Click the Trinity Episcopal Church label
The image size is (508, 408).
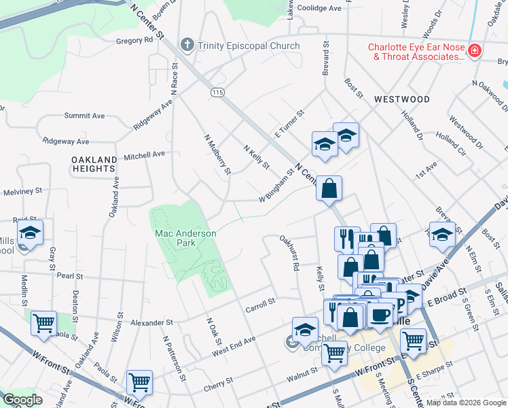tap(248, 46)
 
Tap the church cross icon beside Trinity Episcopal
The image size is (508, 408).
tap(187, 46)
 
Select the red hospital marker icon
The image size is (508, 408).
tap(473, 51)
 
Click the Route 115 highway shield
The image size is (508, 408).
tap(217, 92)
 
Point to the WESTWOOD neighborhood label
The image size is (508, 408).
tap(401, 99)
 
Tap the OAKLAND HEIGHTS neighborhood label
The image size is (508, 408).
tap(93, 163)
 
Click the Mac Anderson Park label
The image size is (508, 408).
tap(185, 238)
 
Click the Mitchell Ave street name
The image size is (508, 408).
tap(144, 154)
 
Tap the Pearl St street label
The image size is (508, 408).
tap(69, 277)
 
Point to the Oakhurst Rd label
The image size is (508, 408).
tap(288, 253)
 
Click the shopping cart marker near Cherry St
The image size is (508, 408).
tap(139, 382)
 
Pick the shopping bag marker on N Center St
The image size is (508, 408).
tap(329, 188)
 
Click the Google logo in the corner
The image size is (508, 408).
tap(23, 400)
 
